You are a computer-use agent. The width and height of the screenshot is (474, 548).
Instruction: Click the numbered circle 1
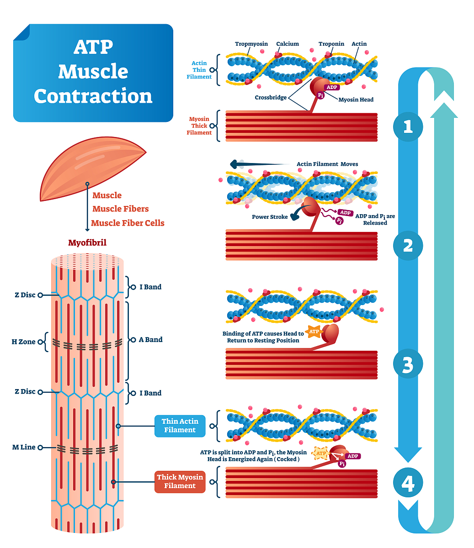point(408,126)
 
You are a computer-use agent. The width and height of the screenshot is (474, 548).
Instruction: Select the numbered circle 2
point(408,246)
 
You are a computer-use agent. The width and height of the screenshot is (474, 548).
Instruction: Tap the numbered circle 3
point(408,364)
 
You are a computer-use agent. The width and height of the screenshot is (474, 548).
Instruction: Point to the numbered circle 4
point(408,483)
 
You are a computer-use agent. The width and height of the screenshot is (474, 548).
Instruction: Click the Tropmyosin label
point(251,44)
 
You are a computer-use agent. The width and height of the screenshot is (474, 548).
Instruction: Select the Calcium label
point(288,44)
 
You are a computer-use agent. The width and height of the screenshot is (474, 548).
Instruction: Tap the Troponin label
point(331,44)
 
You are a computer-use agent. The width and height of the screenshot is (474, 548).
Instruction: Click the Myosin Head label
point(356,100)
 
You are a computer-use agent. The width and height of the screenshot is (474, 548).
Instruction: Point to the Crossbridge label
point(271,97)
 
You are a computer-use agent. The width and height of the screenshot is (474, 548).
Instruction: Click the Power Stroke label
point(270,217)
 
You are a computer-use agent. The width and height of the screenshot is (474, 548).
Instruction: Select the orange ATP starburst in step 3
point(314,332)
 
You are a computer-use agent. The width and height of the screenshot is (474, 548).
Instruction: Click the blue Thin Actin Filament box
point(180,426)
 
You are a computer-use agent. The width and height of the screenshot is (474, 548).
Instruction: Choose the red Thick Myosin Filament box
point(180,481)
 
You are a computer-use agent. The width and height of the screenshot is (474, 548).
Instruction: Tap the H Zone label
point(24,342)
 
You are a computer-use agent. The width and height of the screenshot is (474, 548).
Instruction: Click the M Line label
point(24,447)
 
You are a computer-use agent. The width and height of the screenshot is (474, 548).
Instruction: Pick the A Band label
point(150,340)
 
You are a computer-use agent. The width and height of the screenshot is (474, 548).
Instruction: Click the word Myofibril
point(87,243)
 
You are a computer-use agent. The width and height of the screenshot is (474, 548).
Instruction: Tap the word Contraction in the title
point(93,96)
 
